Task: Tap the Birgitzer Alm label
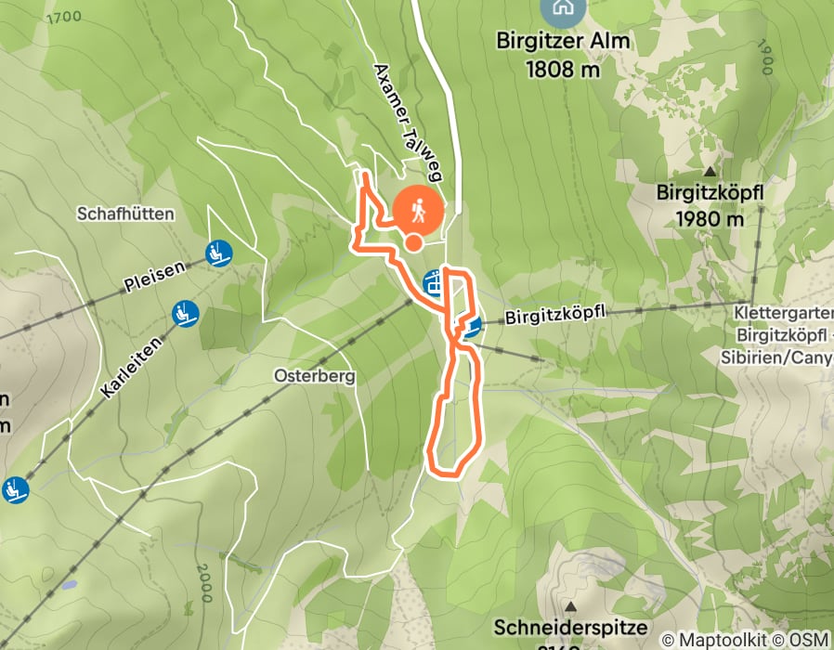pyautogui.click(x=563, y=41)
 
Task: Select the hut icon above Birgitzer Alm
pyautogui.click(x=562, y=8)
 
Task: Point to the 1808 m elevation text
pyautogui.click(x=562, y=68)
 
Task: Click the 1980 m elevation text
pyautogui.click(x=710, y=219)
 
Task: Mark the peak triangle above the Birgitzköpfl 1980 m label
pyautogui.click(x=710, y=172)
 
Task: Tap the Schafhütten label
pyautogui.click(x=126, y=214)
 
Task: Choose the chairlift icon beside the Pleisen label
pyautogui.click(x=218, y=252)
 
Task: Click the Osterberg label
pyautogui.click(x=304, y=377)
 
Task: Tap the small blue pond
pyautogui.click(x=69, y=587)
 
